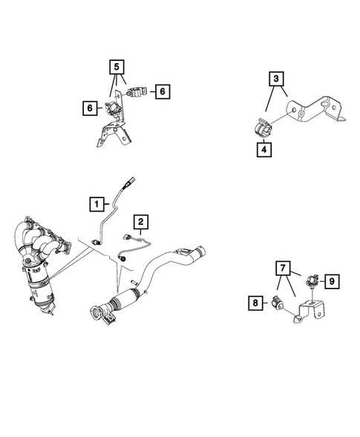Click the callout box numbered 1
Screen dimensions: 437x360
click(96, 202)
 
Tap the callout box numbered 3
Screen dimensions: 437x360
click(275, 77)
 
